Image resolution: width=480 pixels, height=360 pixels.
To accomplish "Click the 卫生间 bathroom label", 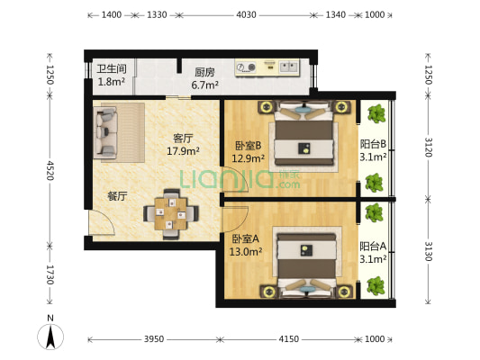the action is [x=112, y=68].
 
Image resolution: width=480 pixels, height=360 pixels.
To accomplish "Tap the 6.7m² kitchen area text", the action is [x=204, y=85].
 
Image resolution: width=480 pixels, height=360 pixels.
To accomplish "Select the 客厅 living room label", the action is [x=183, y=139].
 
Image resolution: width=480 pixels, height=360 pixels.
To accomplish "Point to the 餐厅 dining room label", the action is [x=117, y=196].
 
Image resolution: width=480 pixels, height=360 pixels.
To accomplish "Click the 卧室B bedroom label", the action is [x=248, y=145].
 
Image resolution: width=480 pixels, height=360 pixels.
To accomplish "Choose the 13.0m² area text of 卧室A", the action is [x=246, y=252].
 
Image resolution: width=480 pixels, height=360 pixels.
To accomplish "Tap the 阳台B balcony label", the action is [x=373, y=144].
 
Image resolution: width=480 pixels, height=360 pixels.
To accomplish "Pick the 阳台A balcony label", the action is [x=373, y=247].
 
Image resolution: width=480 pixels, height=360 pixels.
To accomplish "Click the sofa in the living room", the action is [x=105, y=132].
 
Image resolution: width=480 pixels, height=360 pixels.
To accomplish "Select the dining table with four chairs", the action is [x=171, y=214].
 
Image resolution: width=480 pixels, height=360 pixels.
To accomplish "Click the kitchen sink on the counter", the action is [x=288, y=67].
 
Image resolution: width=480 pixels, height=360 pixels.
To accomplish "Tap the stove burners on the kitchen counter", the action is [x=247, y=67].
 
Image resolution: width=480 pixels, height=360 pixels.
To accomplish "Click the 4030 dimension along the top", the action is [x=246, y=14].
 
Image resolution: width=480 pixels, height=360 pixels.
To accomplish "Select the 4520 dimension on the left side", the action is [x=50, y=170].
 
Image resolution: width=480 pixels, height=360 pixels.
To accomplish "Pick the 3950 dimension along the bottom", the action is [x=154, y=339].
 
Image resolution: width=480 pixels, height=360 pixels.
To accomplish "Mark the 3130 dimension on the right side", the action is [x=429, y=251].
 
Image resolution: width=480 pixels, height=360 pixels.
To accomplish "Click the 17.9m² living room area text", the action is [x=183, y=151].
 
